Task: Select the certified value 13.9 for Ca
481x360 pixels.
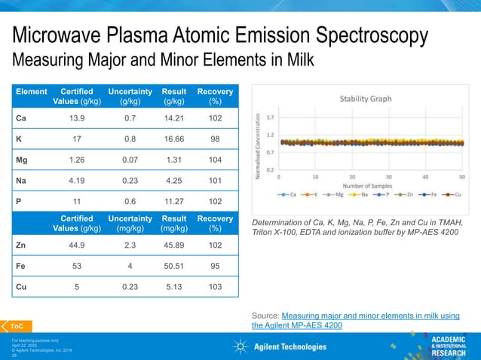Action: point(76,118)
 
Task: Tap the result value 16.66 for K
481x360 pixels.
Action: point(173,139)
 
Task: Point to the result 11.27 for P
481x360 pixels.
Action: point(173,201)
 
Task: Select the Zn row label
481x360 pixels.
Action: point(22,245)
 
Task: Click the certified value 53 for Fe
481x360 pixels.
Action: point(76,266)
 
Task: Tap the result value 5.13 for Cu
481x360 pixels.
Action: point(173,286)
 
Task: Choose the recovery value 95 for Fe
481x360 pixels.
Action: point(215,266)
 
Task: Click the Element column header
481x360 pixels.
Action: point(31,92)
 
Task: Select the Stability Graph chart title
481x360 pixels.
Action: point(365,99)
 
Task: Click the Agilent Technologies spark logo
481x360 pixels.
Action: point(240,346)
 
